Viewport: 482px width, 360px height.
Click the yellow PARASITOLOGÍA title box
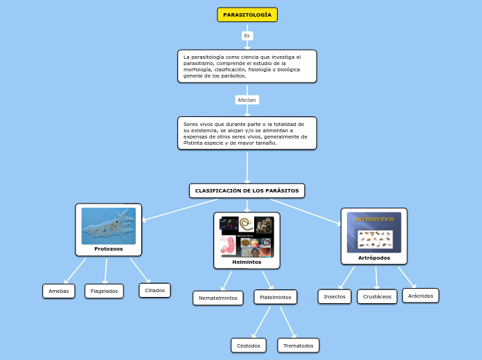[247, 15]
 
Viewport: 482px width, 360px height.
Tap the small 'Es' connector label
[247, 35]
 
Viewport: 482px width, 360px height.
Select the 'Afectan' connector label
[247, 100]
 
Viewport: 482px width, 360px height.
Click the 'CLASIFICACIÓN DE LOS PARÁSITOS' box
[247, 190]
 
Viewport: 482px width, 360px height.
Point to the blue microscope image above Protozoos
[109, 226]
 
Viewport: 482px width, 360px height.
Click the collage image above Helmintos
[247, 237]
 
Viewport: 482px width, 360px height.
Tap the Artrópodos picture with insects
[374, 233]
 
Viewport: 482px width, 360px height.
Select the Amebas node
[59, 291]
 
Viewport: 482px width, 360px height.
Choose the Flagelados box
[105, 291]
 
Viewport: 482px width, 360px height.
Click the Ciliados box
[155, 290]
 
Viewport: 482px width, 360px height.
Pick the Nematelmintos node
[218, 298]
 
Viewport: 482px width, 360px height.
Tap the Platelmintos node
[276, 297]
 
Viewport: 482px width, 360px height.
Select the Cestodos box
[249, 345]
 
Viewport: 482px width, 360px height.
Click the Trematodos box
[298, 345]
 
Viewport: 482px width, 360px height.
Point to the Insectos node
[334, 296]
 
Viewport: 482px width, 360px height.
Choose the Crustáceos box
[377, 297]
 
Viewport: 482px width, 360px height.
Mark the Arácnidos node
[421, 296]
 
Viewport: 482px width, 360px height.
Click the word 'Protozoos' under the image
[109, 249]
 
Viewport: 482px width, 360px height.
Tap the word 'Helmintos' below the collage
[247, 262]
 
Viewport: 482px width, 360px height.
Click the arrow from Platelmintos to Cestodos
[262, 321]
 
